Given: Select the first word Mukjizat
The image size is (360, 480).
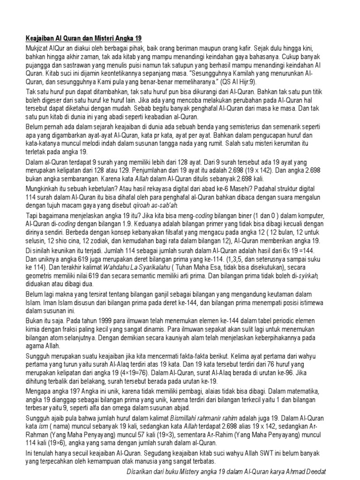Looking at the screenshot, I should point(38,48).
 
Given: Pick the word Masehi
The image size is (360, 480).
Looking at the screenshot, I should point(240,180).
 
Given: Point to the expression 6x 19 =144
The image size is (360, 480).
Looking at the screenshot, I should point(298,252).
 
